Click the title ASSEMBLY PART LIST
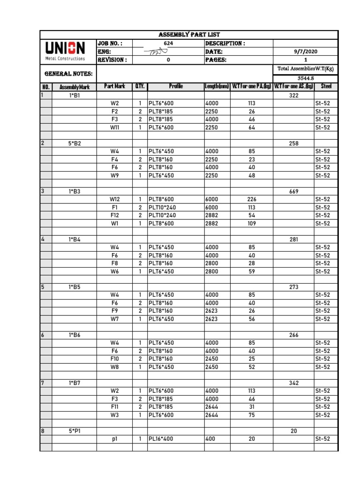(189, 35)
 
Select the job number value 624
(168, 44)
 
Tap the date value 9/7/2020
(306, 52)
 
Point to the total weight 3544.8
(306, 78)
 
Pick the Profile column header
(176, 87)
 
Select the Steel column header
(326, 87)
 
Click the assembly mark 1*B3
(75, 191)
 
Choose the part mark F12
(115, 215)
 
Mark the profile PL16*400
(162, 439)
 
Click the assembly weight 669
(294, 191)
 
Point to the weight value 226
(252, 199)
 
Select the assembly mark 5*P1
(75, 431)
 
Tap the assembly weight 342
(294, 383)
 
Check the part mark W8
(115, 367)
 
